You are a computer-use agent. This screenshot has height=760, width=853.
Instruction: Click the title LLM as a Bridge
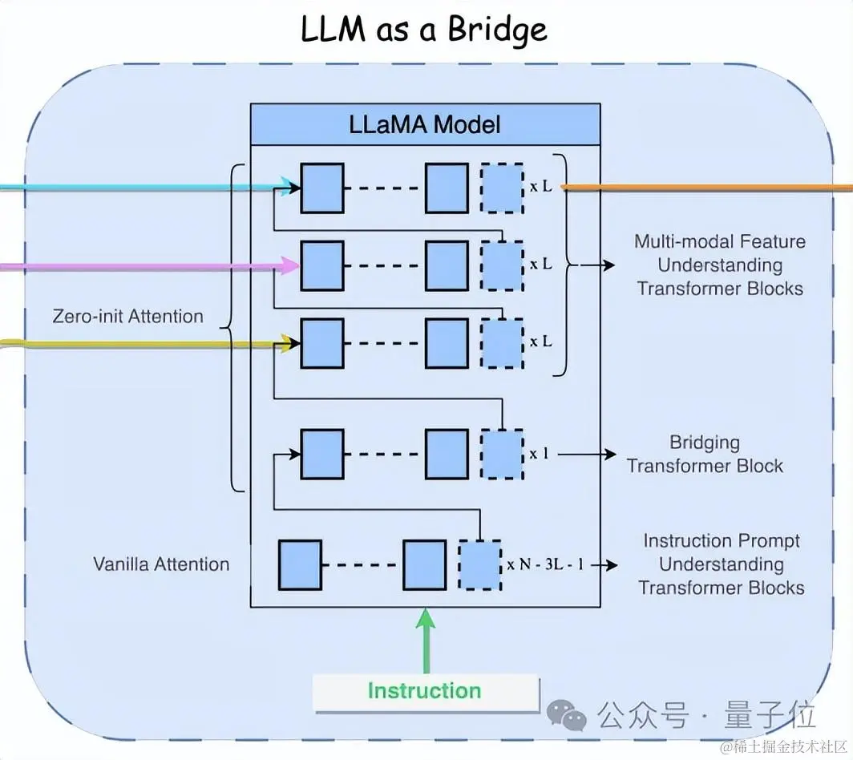pos(424,30)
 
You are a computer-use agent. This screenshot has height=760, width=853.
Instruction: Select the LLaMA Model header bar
pos(425,124)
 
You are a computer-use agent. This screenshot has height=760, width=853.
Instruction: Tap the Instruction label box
pos(425,691)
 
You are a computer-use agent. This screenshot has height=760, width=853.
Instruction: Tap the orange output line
pos(705,188)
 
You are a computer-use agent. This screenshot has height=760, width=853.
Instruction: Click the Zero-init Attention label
pos(128,316)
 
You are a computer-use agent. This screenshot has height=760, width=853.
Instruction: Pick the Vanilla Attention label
pos(161,564)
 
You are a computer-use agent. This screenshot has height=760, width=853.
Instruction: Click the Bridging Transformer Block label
pos(705,454)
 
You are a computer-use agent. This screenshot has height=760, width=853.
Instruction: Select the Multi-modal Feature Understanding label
pos(720,265)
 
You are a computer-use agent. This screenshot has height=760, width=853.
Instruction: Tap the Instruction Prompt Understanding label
pos(722,564)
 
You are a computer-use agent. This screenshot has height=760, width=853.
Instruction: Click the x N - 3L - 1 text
pos(546,565)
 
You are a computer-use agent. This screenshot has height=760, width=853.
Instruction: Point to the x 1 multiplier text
pos(539,454)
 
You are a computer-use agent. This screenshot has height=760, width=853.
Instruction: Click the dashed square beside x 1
pos(502,454)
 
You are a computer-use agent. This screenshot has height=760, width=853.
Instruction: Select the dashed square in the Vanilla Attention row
pos(479,565)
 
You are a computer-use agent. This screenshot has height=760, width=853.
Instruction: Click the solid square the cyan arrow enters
pos(322,188)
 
